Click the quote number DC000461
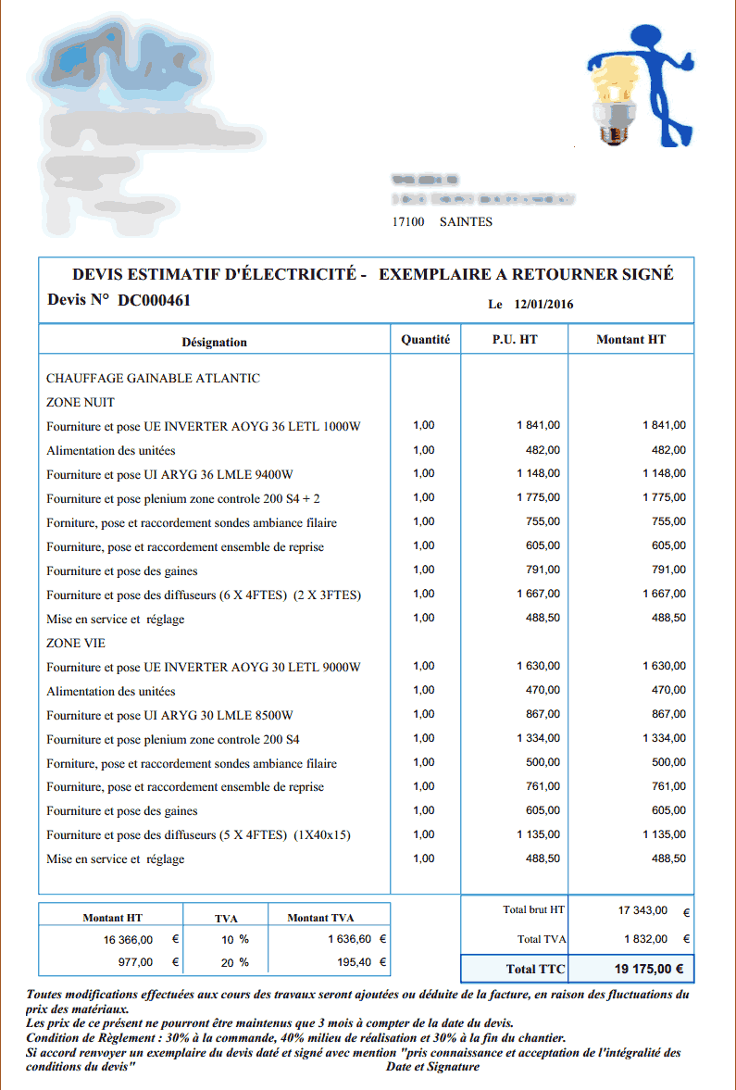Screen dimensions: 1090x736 155,300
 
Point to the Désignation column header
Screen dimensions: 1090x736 214,342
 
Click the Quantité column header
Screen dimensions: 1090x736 425,340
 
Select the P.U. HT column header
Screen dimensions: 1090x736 515,340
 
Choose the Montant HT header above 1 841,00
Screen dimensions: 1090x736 630,340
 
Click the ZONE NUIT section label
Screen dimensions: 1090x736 81,402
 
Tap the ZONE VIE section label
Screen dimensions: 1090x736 76,643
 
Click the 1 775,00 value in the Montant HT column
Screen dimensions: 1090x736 665,497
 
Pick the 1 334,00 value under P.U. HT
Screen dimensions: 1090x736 538,738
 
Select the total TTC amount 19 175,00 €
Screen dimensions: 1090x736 648,970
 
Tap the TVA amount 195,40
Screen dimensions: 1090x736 354,962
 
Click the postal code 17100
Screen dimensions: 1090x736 408,222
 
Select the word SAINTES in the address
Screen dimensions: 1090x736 466,222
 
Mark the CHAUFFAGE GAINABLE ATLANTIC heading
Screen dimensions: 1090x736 153,378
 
